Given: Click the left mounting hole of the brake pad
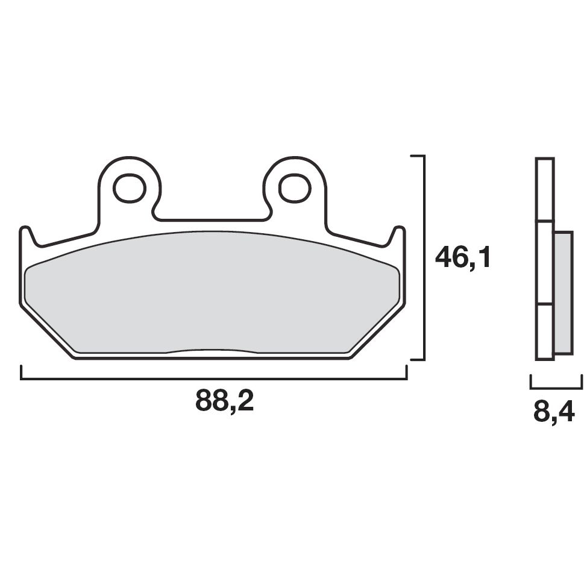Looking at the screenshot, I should [x=130, y=189].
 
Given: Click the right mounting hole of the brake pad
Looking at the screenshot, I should [x=295, y=189].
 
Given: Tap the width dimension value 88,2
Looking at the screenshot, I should [x=224, y=401].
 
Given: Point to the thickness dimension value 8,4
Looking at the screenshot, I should [x=553, y=413].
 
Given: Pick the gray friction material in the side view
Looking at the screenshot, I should [x=563, y=293].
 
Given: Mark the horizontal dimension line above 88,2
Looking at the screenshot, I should [x=214, y=380].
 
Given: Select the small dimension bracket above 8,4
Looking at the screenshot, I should [x=556, y=386].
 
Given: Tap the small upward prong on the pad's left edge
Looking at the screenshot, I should [x=26, y=236].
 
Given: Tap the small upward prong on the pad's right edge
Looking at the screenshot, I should [x=398, y=236].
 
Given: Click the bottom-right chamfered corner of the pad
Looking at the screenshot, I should [x=377, y=332].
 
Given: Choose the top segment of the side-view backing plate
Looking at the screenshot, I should [x=544, y=189].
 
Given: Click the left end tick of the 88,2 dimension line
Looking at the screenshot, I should [x=21, y=373].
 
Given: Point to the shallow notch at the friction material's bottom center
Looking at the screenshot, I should [x=212, y=351].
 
